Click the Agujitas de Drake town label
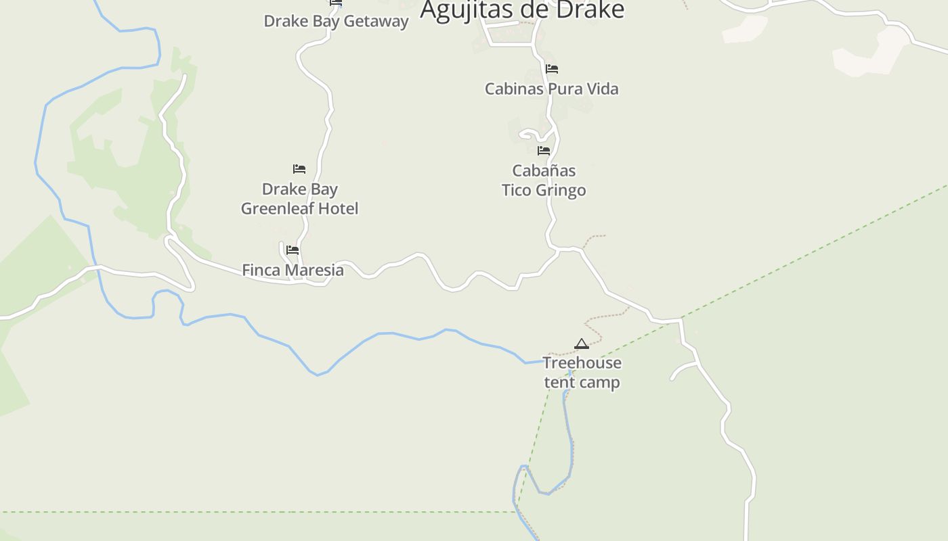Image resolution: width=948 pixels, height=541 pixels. [x=521, y=10]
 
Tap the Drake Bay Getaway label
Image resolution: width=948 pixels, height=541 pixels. [x=336, y=21]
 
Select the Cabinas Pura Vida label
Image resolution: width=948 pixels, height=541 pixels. [x=551, y=89]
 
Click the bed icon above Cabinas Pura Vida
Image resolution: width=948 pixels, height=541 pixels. [x=552, y=69]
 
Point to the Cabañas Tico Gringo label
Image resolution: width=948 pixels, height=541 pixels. [x=544, y=180]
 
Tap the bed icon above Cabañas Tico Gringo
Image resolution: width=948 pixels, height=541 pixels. [x=544, y=151]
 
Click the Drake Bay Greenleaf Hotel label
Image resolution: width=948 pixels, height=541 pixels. [x=299, y=199]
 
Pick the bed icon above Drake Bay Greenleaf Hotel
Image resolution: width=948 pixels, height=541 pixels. [x=299, y=169]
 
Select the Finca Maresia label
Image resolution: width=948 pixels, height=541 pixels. [x=293, y=270]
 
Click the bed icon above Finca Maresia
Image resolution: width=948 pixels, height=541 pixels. [x=293, y=250]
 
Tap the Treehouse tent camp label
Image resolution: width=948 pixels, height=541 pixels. [x=582, y=373]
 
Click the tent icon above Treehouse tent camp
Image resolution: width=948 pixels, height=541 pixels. [x=582, y=344]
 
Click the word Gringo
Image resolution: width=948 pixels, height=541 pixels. [x=561, y=190]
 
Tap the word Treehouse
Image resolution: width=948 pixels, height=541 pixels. [x=582, y=363]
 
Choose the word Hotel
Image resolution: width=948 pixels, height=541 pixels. [x=336, y=208]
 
